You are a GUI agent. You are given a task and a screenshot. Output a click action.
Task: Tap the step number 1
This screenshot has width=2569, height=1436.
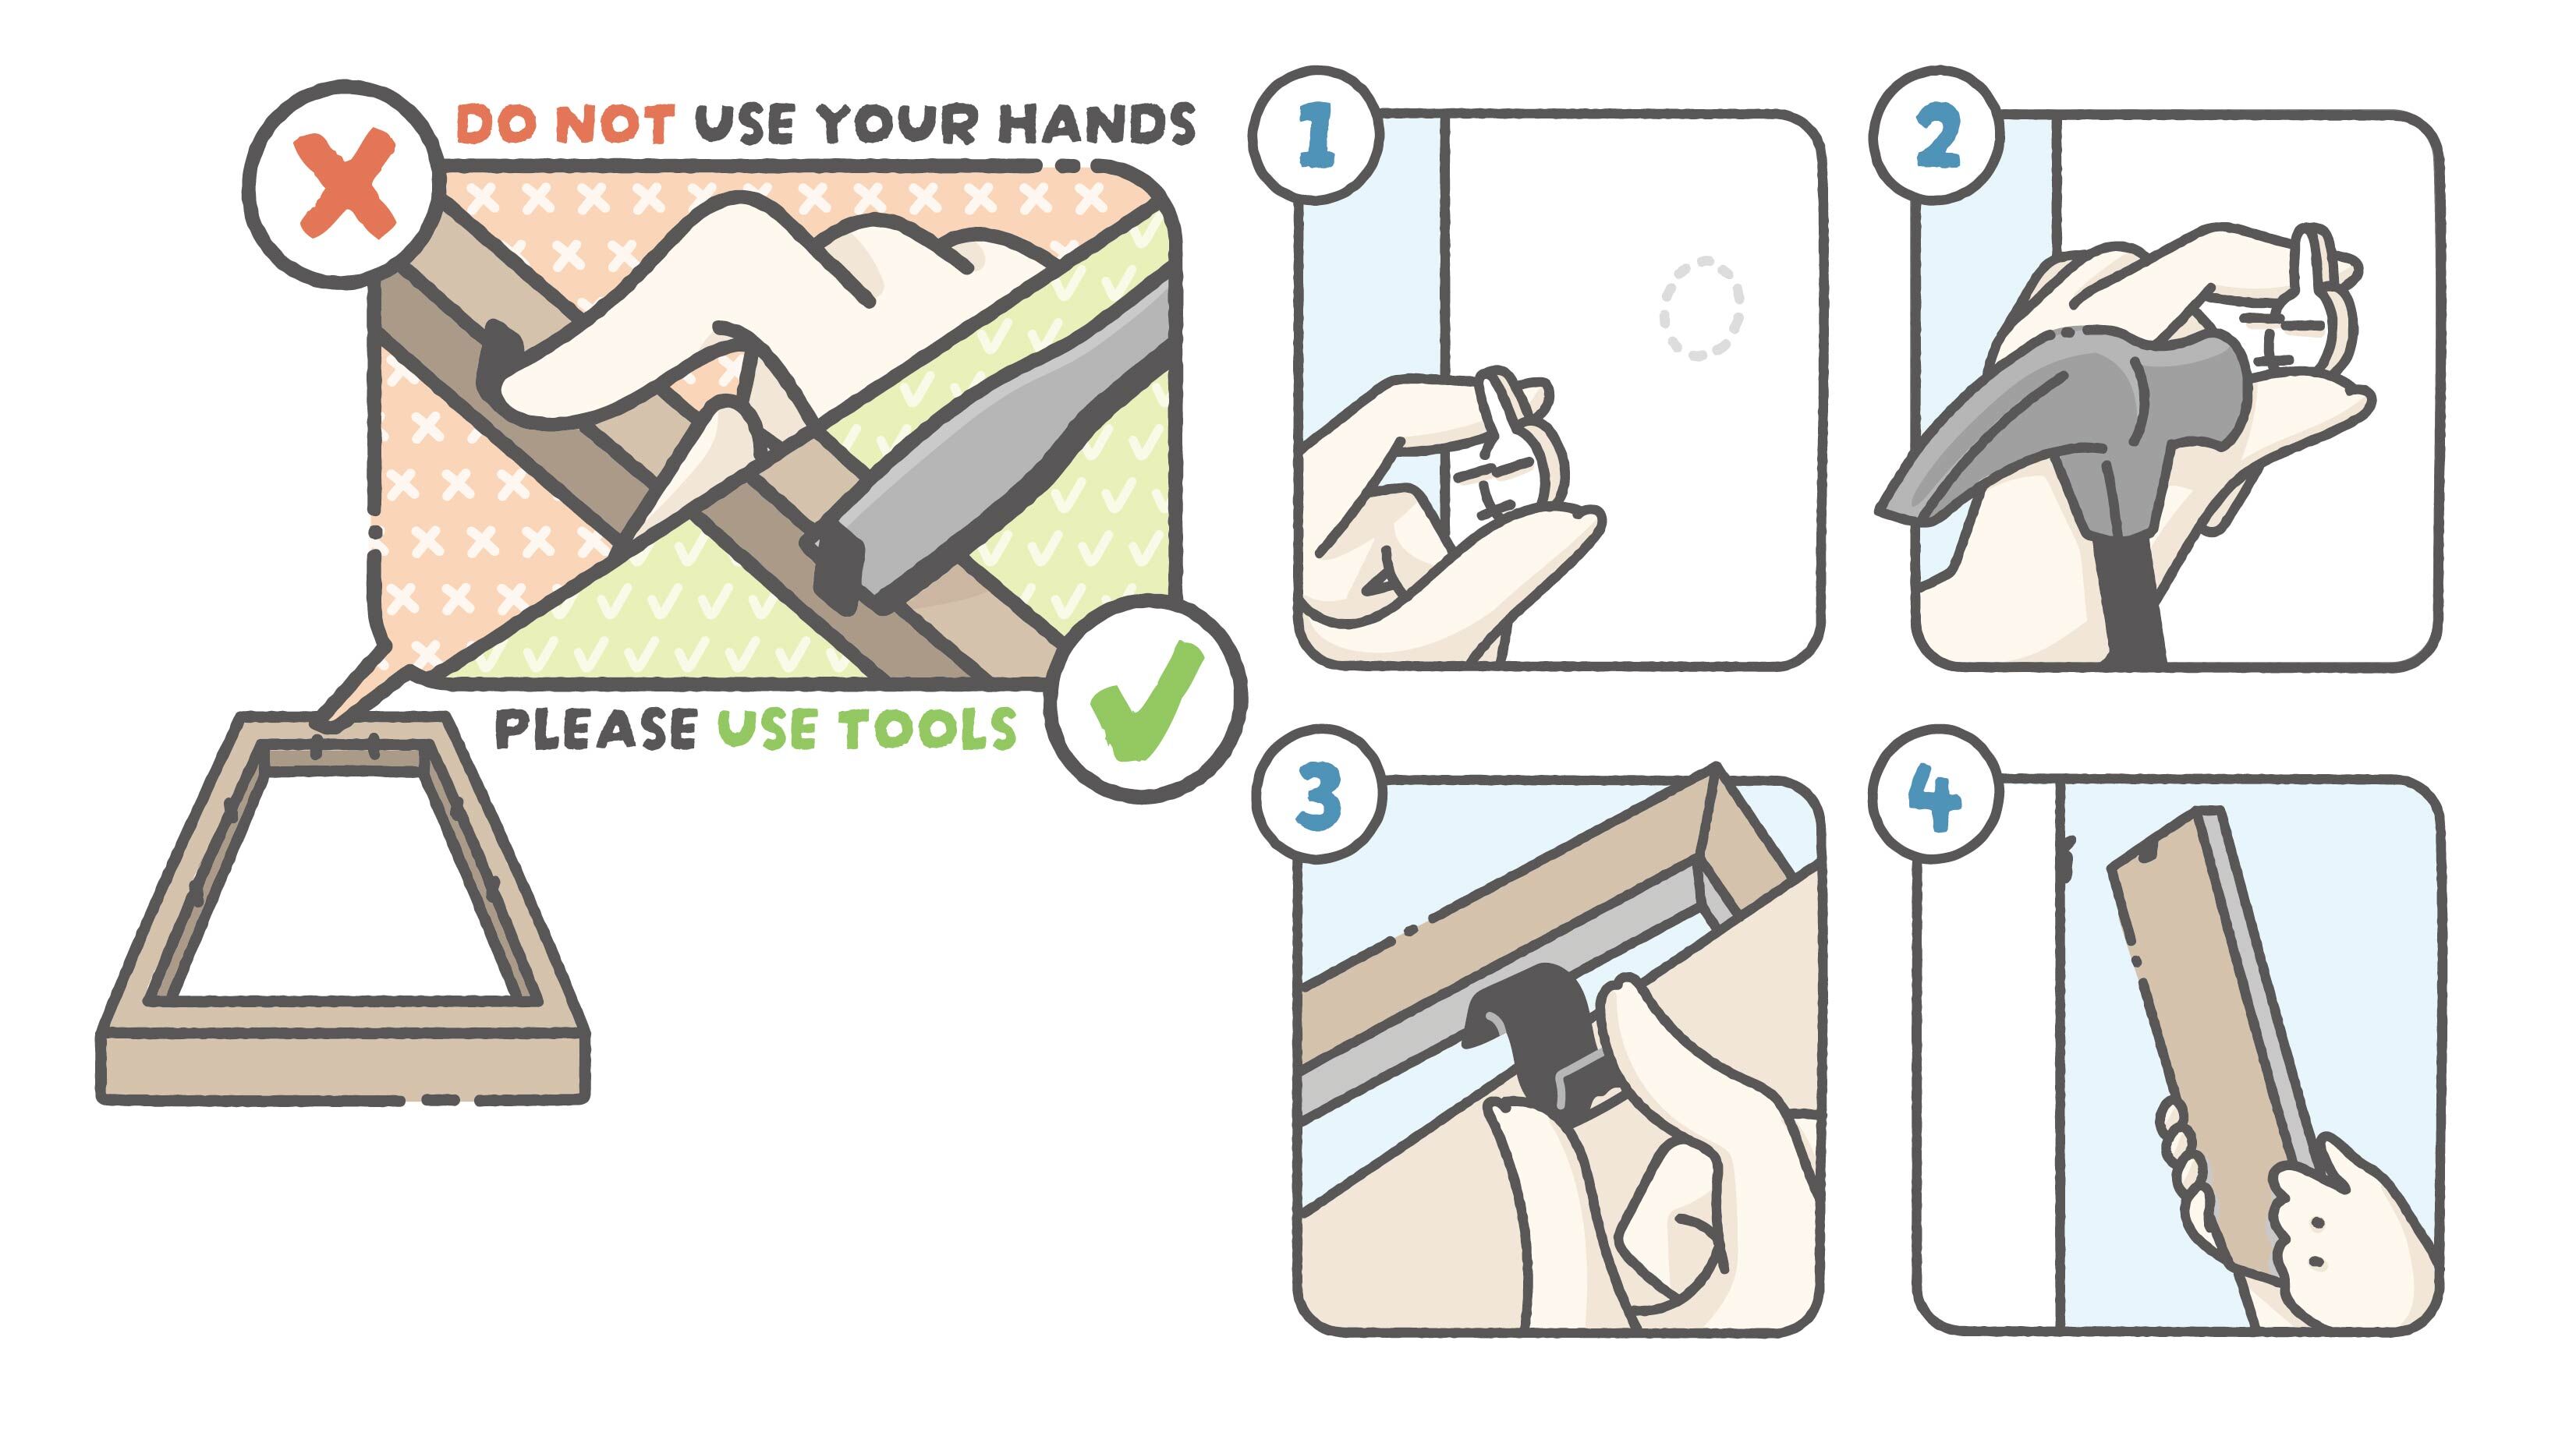(1316, 136)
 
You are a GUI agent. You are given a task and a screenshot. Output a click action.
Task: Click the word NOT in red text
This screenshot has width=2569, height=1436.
(613, 125)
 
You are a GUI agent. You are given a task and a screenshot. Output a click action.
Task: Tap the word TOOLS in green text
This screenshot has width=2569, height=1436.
(927, 729)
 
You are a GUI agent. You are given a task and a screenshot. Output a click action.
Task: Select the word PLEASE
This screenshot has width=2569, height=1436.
(595, 729)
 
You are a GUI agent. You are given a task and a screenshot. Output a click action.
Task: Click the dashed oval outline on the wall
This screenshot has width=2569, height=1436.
(1702, 307)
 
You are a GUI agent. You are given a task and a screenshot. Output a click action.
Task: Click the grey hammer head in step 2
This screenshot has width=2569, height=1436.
(2064, 419)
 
